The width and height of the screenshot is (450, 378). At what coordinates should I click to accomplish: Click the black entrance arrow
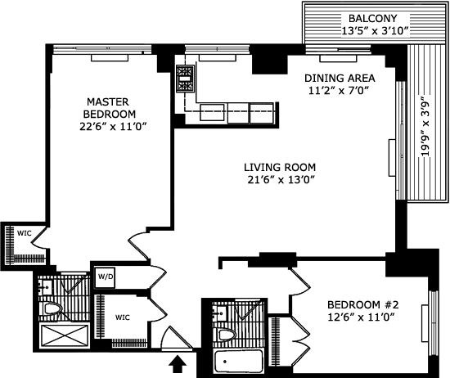pyautogui.click(x=177, y=364)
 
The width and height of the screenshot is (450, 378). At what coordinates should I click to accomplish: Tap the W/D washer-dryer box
pyautogui.click(x=106, y=277)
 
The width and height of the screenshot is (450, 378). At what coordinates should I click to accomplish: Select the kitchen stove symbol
pyautogui.click(x=185, y=79)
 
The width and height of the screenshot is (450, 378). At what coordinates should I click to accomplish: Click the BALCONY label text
pyautogui.click(x=372, y=18)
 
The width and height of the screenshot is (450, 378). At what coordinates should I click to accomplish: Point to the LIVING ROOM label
pyautogui.click(x=280, y=167)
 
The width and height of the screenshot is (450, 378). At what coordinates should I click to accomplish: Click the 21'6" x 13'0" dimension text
pyautogui.click(x=280, y=180)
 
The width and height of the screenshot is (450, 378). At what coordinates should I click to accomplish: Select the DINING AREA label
pyautogui.click(x=340, y=78)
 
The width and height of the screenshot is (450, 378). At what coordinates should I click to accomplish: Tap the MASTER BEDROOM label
pyautogui.click(x=109, y=108)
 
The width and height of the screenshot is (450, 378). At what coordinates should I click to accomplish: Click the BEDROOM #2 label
pyautogui.click(x=363, y=304)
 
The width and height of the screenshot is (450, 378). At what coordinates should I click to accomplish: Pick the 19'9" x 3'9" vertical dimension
pyautogui.click(x=425, y=128)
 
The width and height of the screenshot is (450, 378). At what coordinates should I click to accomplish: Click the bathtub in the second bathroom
pyautogui.click(x=238, y=362)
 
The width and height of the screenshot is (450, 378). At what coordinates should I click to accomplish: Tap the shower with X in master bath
pyautogui.click(x=65, y=335)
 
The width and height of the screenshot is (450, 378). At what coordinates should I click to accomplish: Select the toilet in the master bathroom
pyautogui.click(x=53, y=309)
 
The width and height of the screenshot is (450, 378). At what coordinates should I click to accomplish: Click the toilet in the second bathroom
pyautogui.click(x=227, y=335)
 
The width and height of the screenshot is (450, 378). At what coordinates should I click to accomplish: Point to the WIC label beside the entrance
pyautogui.click(x=123, y=317)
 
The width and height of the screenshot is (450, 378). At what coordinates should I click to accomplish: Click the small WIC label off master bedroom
pyautogui.click(x=24, y=233)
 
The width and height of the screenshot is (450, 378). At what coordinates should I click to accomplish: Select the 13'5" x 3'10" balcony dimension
pyautogui.click(x=375, y=31)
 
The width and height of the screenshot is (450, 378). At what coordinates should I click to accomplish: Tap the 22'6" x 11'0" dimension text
pyautogui.click(x=113, y=127)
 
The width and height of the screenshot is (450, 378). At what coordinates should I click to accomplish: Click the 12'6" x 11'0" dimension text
pyautogui.click(x=362, y=317)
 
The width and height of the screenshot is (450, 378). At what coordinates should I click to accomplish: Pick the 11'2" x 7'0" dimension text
pyautogui.click(x=339, y=91)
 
